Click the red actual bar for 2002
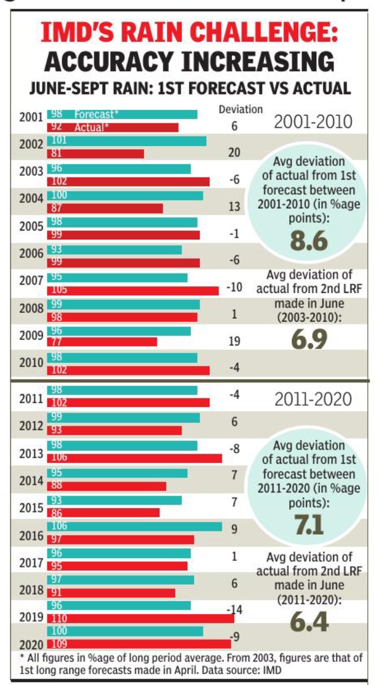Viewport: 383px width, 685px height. (96, 153)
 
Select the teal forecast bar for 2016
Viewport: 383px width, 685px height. (135, 526)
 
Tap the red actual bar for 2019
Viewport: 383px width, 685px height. (141, 618)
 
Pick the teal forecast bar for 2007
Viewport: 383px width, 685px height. (118, 277)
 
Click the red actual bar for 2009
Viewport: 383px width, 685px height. (103, 342)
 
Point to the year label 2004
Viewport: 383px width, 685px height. (31, 199)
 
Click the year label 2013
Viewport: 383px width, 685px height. (31, 454)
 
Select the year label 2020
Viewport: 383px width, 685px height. (31, 645)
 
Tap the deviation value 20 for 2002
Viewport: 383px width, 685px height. (234, 153)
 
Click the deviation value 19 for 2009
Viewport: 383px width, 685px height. (234, 342)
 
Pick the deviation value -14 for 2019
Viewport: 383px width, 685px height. (234, 610)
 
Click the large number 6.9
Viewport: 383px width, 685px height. (309, 340)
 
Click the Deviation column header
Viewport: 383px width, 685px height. (240, 110)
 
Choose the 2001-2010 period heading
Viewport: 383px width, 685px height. (313, 122)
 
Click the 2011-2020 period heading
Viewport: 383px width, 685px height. (313, 400)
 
